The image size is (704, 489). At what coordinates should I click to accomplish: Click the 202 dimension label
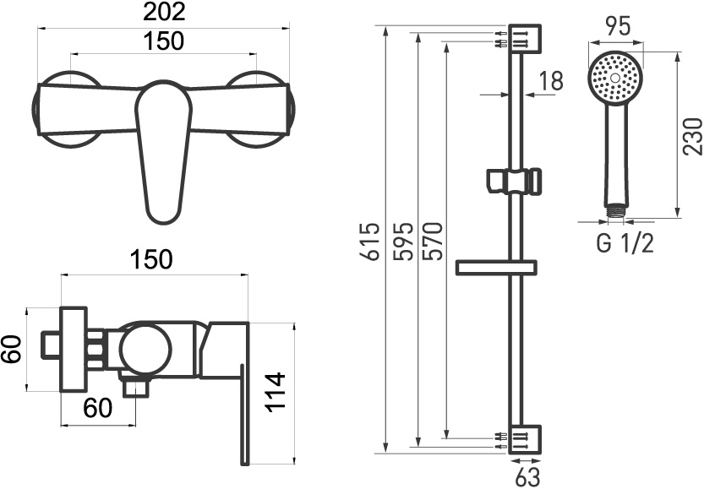click(x=164, y=12)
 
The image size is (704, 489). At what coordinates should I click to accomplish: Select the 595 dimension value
click(x=402, y=241)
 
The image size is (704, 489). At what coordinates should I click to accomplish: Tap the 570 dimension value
click(x=434, y=241)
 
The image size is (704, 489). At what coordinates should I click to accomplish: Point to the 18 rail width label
click(x=550, y=81)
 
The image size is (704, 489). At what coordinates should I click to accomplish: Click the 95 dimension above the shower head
click(x=619, y=26)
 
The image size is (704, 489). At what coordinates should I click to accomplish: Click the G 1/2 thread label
click(x=625, y=243)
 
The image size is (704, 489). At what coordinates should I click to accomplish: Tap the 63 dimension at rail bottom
click(x=527, y=477)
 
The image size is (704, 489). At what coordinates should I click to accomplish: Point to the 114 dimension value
click(x=275, y=391)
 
